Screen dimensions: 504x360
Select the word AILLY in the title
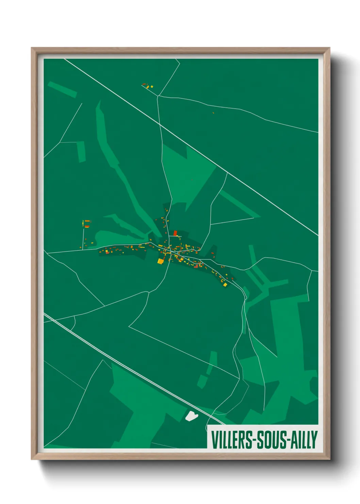(x=304, y=440)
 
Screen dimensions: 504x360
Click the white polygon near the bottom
(x=191, y=416)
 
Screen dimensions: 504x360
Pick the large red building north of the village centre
(x=175, y=233)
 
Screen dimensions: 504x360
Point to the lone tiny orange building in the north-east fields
(x=213, y=113)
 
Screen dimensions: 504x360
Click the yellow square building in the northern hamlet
(x=152, y=87)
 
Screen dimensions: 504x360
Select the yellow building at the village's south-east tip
(x=225, y=284)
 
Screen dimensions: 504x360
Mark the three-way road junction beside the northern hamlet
(x=158, y=96)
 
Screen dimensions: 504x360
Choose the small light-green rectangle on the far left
(x=81, y=152)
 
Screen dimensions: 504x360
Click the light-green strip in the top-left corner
(x=62, y=89)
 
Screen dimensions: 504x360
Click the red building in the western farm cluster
(x=87, y=225)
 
